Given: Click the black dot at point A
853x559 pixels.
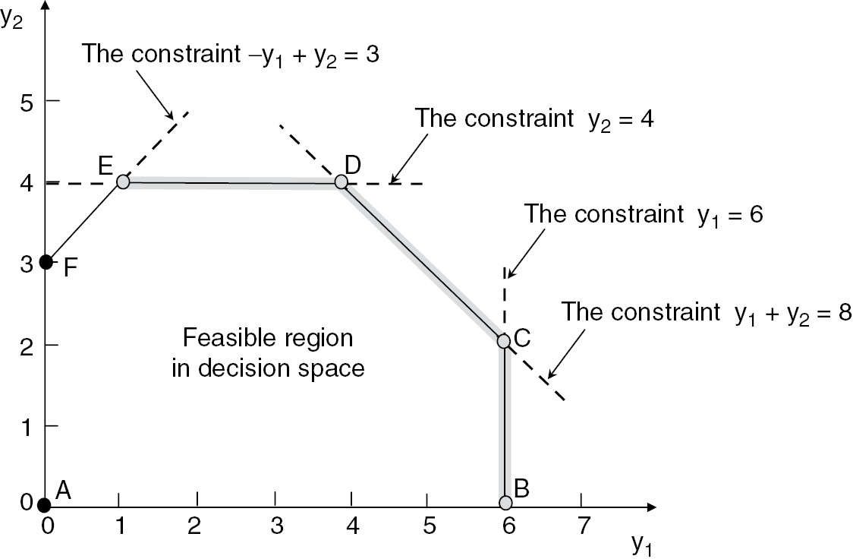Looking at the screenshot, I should coord(45,504).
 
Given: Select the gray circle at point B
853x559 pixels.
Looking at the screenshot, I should coord(506,503).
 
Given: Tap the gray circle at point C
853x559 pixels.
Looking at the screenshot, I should coord(504,341).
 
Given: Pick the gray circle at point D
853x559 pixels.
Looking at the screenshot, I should coord(342,182).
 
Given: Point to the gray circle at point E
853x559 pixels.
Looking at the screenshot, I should coord(124,182).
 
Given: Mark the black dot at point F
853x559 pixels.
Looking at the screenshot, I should coord(46,262).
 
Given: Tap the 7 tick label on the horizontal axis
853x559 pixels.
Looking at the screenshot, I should coord(582,525).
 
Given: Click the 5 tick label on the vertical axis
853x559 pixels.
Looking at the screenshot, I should coord(26,101).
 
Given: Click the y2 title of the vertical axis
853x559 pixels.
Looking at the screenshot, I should coord(11,18).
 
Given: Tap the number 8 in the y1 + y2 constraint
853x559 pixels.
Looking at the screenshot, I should coord(843,311).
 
